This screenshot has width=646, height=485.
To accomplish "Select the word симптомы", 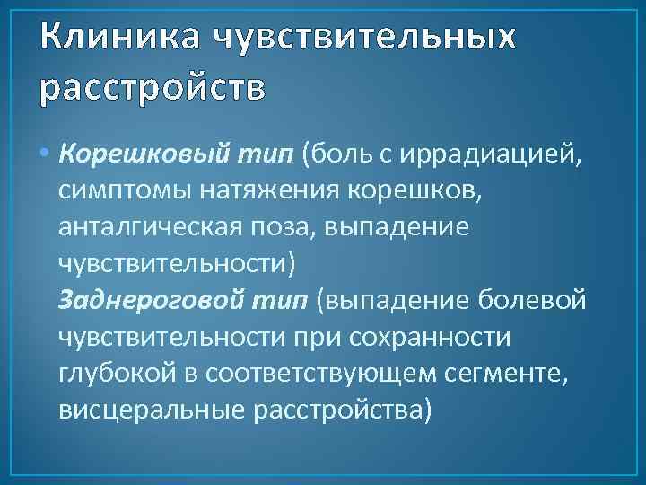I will [x=115, y=192].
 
